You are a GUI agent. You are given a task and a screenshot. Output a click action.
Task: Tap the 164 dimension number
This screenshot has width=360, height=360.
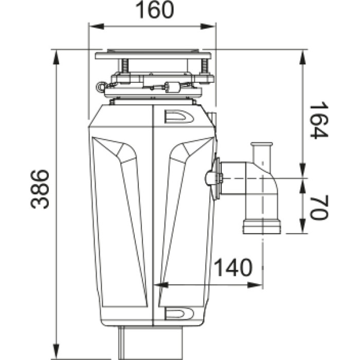[x=318, y=120]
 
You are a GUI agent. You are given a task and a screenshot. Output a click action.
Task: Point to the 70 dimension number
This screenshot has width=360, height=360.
[x=318, y=206]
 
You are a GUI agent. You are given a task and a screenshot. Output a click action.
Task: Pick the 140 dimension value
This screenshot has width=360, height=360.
[x=233, y=268]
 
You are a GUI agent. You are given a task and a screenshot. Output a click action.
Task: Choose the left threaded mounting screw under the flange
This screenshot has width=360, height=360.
[x=124, y=66]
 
